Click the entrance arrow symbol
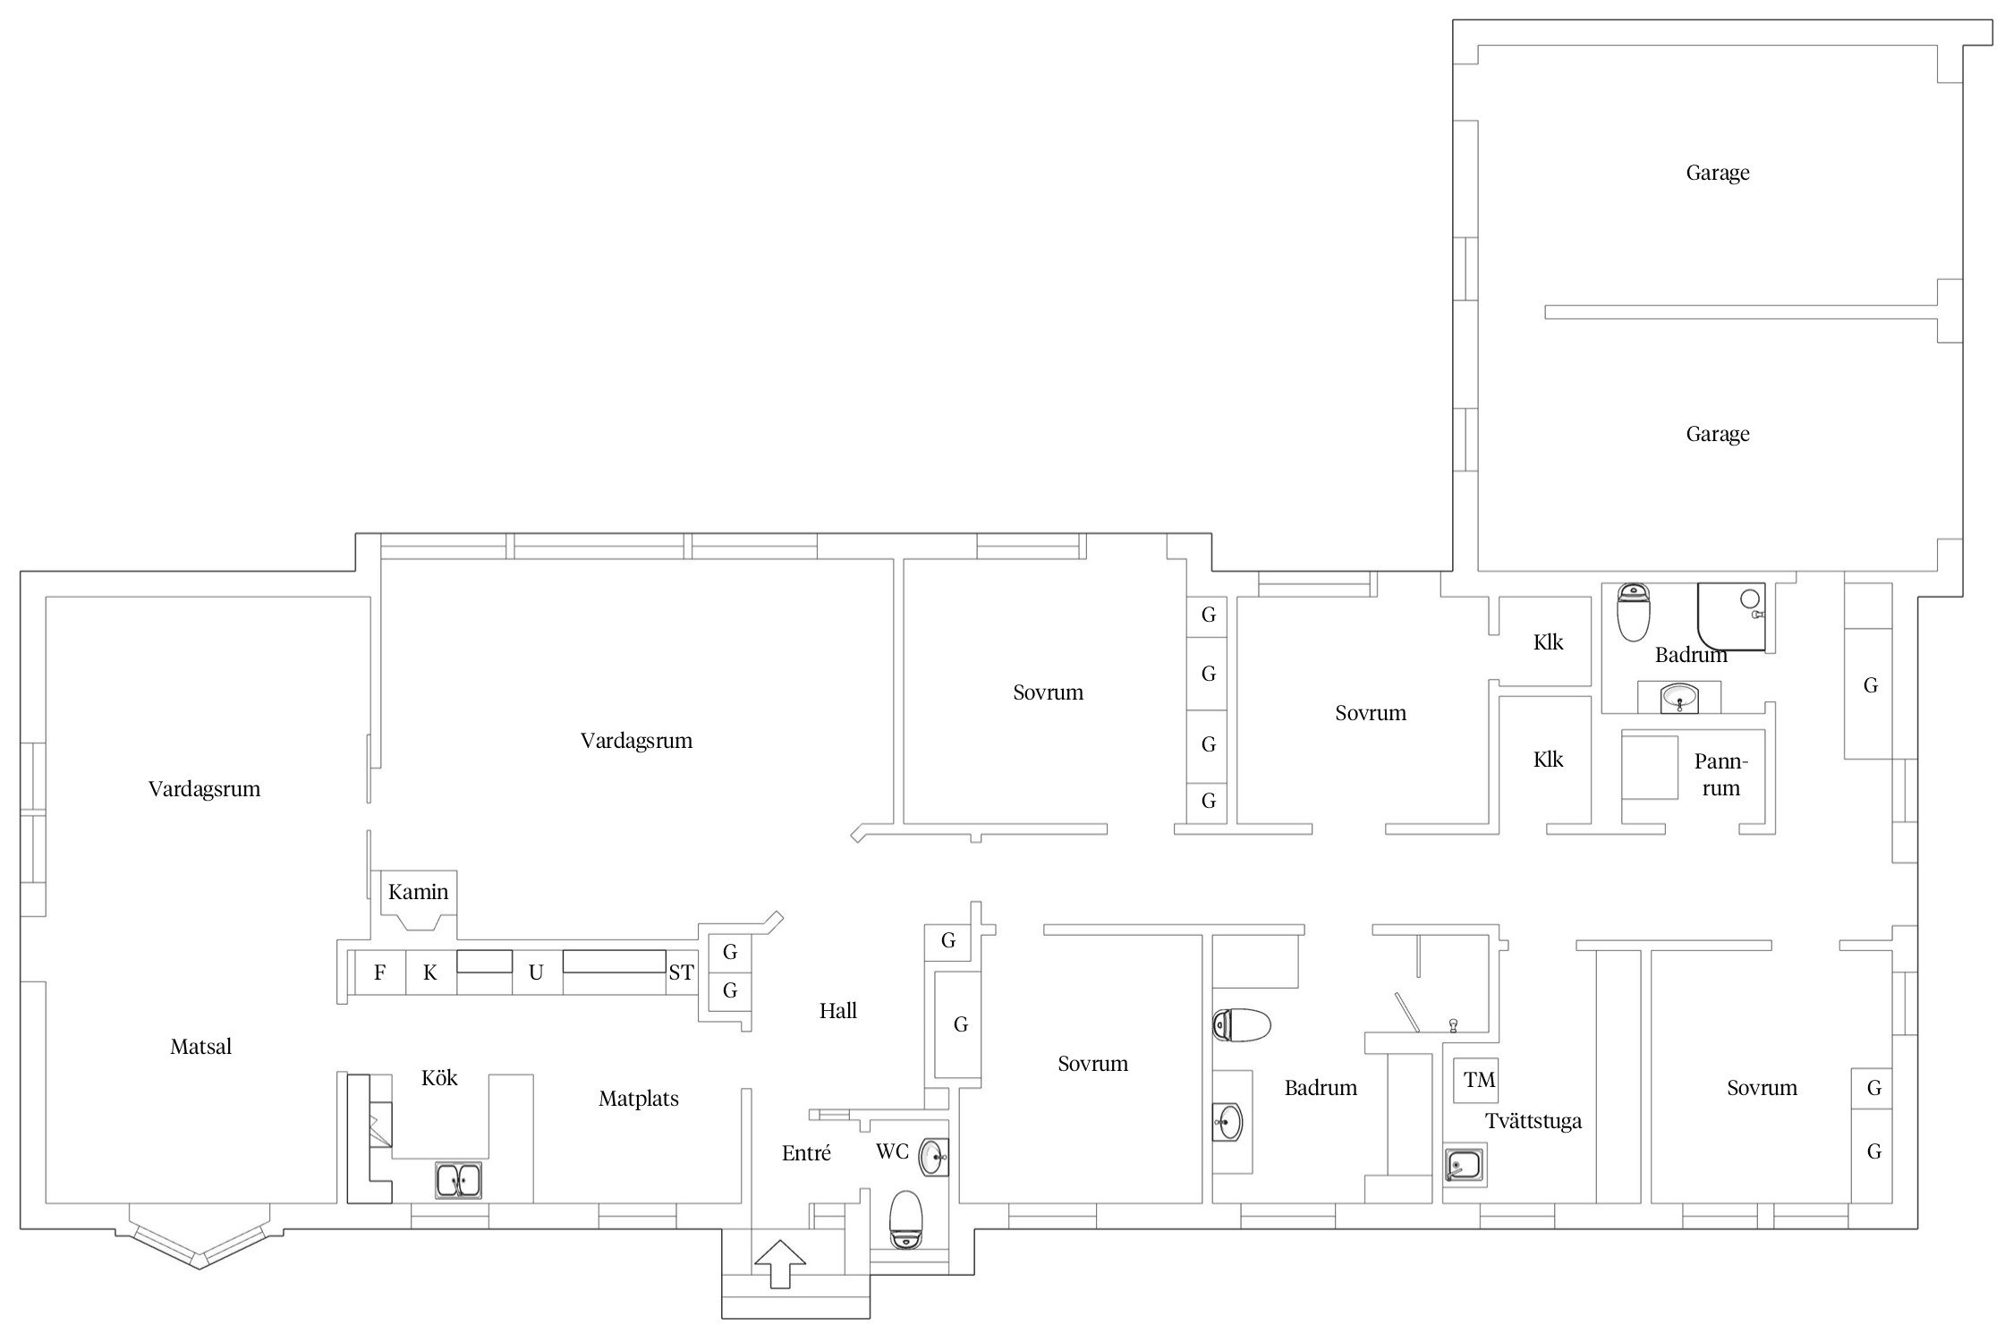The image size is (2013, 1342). tap(780, 1263)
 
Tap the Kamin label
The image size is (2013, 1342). tap(418, 892)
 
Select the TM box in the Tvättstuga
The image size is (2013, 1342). tap(1480, 1080)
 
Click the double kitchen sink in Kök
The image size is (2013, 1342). tap(459, 1180)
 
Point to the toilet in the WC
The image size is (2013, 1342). tap(906, 1219)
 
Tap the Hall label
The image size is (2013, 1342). tap(838, 1011)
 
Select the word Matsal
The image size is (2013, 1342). tap(201, 1046)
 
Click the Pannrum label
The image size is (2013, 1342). tap(1720, 775)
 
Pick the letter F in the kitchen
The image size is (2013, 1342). tap(380, 973)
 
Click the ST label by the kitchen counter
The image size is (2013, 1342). tap(681, 973)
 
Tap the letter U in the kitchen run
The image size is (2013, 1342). tap(536, 973)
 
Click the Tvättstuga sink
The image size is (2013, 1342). tap(1465, 1166)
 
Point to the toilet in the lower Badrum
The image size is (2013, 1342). tap(1242, 1025)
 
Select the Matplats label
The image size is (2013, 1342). tap(639, 1099)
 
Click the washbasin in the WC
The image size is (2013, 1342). tap(934, 1157)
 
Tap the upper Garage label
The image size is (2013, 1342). tap(1718, 173)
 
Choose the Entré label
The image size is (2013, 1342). tap(806, 1153)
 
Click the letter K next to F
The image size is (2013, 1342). tap(430, 973)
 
